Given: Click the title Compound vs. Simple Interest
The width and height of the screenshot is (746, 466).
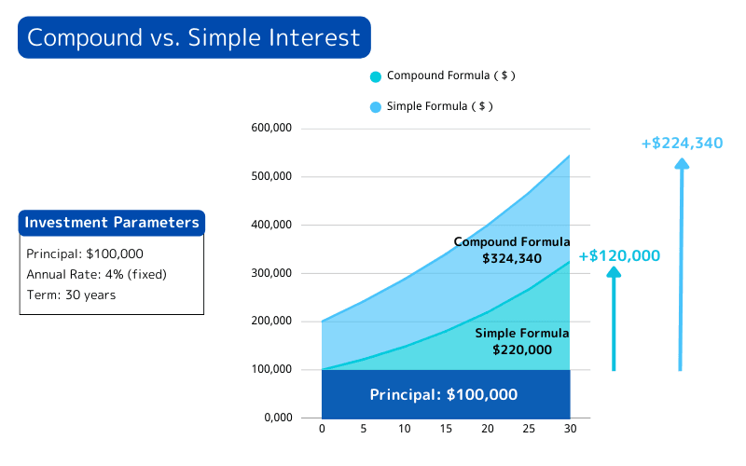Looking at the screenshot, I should pos(193,37).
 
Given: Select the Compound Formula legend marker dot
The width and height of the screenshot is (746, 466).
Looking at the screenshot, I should pos(376,76).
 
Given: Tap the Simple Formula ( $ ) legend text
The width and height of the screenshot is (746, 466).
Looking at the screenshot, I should pos(439,106).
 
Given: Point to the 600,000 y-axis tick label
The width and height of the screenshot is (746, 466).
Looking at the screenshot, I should pos(272,128).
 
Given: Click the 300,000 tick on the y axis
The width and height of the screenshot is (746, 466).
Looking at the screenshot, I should pos(272,273).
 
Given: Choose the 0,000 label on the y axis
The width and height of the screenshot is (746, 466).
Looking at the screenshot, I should pos(278,418).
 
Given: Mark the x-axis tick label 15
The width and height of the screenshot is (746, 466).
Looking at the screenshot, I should pos(445,430).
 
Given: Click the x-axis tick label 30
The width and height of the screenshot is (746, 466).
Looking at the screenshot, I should pos(569,430).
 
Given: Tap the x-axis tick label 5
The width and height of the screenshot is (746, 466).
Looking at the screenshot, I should pos(363,430).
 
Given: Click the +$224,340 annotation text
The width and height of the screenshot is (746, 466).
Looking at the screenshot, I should pos(682,143).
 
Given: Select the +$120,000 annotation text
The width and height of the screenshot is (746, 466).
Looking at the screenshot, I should pos(619,255).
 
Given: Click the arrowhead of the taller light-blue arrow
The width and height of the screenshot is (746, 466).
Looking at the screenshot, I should pos(682,164).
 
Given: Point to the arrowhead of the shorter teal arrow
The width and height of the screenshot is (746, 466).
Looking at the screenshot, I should pos(614,272).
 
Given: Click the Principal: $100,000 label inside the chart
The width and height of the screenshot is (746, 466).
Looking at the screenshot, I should pos(444,394).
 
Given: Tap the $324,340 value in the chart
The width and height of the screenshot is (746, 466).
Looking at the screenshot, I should pos(512,258).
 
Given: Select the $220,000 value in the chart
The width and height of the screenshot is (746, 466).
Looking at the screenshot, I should pos(522,349).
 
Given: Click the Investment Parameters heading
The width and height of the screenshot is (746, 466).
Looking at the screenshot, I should pos(111,223).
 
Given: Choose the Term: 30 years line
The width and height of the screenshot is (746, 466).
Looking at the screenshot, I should pos(71,295).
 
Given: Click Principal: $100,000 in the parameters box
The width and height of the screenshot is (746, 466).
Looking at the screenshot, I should pos(85,254).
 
